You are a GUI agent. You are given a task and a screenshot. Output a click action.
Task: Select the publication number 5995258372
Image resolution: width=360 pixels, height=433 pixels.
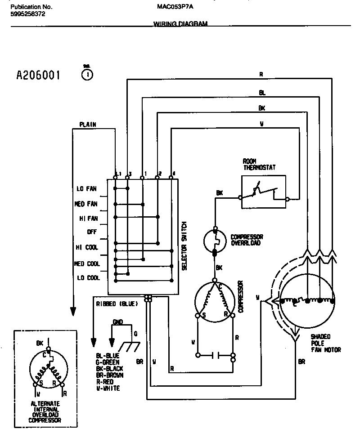pos(27,14)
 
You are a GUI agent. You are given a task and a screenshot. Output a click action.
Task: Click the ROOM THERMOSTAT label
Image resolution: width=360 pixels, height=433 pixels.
pos(259,164)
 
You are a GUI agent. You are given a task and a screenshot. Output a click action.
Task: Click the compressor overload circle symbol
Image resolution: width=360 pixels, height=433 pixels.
pos(215,242)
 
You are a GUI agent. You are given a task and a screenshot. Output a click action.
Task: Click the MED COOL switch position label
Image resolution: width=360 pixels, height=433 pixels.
pos(86,263)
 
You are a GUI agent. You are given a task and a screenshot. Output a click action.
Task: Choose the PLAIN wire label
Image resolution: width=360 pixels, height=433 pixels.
pos(87,125)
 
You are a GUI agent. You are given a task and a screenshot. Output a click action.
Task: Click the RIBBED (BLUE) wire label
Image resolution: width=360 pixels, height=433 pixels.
pos(117,304)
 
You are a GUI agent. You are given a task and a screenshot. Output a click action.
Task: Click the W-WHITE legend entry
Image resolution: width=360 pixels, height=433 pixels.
pos(108,388)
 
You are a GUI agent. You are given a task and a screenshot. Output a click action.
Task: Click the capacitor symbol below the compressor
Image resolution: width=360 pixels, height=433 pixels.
pos(215,355)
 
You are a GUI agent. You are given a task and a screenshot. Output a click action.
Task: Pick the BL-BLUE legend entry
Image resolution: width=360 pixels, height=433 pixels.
pos(108,356)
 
